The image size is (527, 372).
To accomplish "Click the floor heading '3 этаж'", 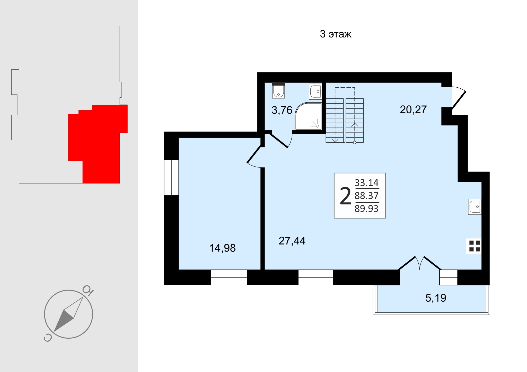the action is tap(336, 34).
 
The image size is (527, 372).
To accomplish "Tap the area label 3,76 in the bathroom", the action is tap(282, 110).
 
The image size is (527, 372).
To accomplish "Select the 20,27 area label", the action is tap(413, 109).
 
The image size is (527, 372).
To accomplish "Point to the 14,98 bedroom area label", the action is tap(222, 248).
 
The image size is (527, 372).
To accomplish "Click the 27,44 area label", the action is tap(292, 241).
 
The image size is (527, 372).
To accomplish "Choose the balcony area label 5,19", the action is tap(436, 298).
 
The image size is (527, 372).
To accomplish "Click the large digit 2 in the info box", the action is tap(346, 196).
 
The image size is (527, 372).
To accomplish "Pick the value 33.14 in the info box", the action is tap(366, 183).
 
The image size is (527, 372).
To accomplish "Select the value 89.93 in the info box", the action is tap(366, 209).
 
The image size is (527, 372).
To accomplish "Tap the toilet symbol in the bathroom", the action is tap(278, 90).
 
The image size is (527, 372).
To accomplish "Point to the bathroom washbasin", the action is tap(315, 91).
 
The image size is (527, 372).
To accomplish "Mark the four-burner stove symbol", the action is tap(473, 246).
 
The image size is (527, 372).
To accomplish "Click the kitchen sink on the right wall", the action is tap(475, 207).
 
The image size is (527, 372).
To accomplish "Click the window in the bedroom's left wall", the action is tap(171, 178).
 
